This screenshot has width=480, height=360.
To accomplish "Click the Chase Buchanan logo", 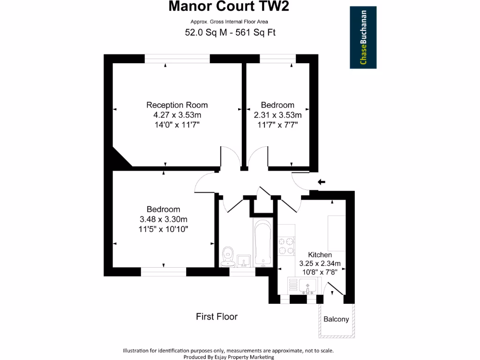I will click(x=363, y=37).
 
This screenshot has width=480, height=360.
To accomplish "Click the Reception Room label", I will click(x=177, y=105).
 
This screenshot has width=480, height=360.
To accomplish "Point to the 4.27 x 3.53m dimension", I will click(x=177, y=115).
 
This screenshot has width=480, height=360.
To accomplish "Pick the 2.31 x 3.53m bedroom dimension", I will click(x=277, y=115).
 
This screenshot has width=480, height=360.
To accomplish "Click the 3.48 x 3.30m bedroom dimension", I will click(x=163, y=219).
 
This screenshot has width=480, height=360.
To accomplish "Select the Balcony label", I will click(x=336, y=320).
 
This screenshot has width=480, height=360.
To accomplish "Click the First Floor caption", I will click(x=217, y=317).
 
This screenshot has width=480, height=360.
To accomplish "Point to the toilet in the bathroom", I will click(x=228, y=256).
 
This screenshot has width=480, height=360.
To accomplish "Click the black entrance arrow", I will click(x=322, y=182).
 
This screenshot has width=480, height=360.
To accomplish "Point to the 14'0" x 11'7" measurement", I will click(x=177, y=125).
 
